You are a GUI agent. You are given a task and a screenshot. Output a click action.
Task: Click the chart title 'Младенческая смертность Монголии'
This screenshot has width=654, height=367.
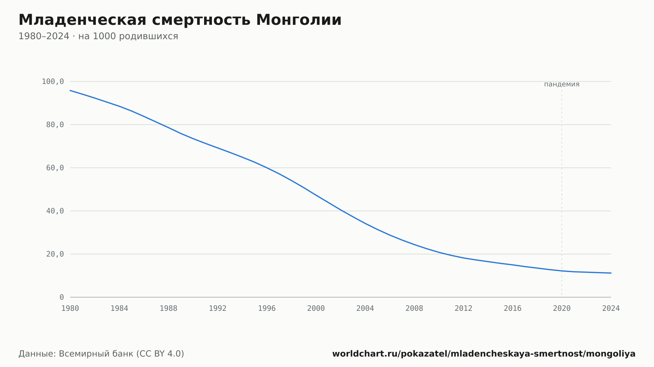(x=180, y=20)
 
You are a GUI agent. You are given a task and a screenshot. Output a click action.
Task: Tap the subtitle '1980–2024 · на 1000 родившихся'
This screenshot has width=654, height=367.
(x=98, y=36)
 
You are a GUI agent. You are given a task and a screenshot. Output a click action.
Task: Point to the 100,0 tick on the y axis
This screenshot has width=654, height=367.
(x=53, y=82)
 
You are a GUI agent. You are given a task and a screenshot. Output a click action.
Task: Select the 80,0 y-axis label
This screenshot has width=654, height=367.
(x=55, y=125)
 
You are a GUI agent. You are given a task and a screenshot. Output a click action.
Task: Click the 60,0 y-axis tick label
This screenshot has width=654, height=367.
(x=55, y=168)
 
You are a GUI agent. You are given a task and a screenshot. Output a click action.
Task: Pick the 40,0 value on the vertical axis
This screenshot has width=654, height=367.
(x=55, y=211)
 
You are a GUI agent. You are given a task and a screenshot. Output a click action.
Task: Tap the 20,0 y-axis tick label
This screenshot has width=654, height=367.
(x=55, y=254)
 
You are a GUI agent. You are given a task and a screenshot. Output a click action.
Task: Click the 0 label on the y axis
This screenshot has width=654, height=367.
(x=62, y=297)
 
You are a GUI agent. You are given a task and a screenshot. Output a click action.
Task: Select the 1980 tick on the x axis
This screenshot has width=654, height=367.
(x=70, y=309)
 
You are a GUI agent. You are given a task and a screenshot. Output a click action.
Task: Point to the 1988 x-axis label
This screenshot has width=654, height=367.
(x=168, y=309)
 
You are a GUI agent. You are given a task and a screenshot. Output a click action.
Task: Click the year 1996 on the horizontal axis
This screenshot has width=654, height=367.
(x=267, y=309)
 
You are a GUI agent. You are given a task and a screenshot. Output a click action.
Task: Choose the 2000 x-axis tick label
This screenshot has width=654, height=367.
(x=316, y=309)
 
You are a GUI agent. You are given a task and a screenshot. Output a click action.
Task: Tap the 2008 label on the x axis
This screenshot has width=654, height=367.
(x=414, y=309)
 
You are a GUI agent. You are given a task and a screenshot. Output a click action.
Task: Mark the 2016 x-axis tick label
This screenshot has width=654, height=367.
(x=513, y=309)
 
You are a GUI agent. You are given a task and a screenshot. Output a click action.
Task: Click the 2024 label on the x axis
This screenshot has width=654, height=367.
(x=611, y=309)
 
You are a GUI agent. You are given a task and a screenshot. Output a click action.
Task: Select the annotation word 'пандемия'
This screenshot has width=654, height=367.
(x=562, y=84)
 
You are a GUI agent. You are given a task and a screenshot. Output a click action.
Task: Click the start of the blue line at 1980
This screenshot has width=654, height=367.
(x=70, y=90)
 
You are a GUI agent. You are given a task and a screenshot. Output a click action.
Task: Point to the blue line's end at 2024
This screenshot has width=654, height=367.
(x=611, y=273)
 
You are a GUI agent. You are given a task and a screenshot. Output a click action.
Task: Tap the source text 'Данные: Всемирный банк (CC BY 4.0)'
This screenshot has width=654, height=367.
(x=101, y=354)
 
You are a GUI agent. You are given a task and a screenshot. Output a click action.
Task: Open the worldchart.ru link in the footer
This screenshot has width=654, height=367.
(x=484, y=354)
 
